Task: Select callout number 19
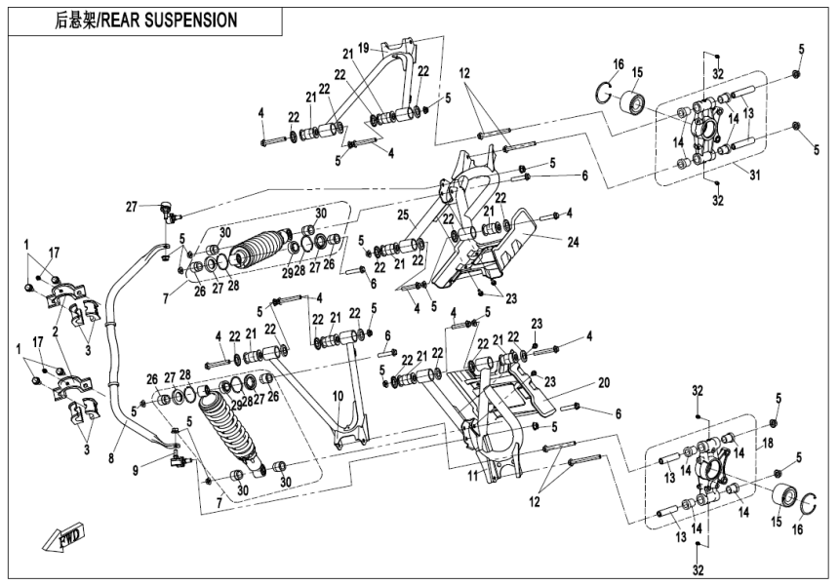tap(363, 46)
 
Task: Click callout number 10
tap(339, 396)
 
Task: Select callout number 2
tap(57, 331)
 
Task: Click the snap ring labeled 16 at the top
tap(605, 93)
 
